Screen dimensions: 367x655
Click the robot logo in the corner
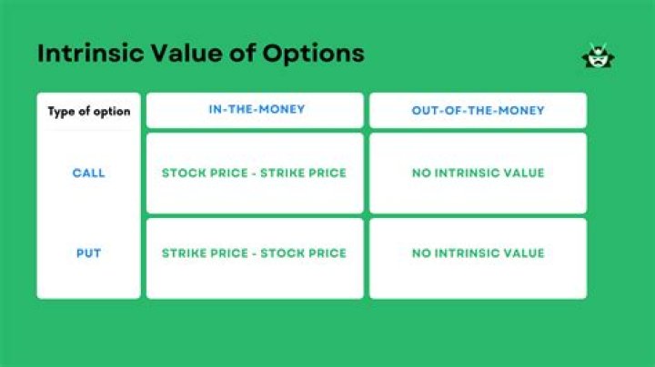tap(599, 56)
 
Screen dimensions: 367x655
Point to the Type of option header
tap(88, 112)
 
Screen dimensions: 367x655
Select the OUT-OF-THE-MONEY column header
tap(478, 111)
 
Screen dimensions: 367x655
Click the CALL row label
tap(88, 173)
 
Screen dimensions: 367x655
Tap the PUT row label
tap(88, 253)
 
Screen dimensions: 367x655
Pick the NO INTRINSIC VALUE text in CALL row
tap(478, 173)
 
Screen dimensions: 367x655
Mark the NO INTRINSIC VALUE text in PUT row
tap(478, 253)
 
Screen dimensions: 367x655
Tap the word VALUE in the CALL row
tap(525, 173)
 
